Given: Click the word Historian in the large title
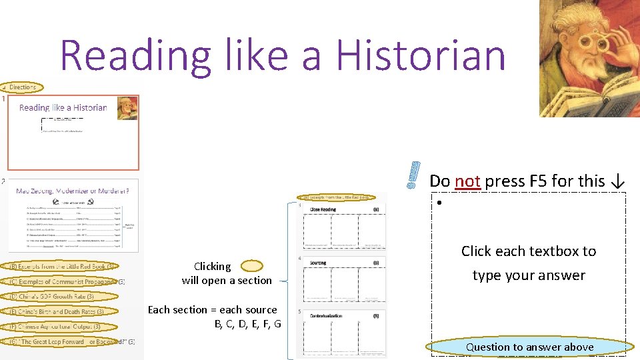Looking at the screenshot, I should pos(421,55).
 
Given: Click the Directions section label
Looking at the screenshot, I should pos(22,87).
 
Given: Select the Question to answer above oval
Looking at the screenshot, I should pos(529,347).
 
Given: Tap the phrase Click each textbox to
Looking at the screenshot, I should pos(529,251).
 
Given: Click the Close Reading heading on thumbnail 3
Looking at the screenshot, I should pos(323,209).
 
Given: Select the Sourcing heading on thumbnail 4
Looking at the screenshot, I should pos(319,263).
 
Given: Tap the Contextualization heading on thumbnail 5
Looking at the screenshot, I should pos(326,315).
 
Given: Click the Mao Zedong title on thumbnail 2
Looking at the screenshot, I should pos(72,191).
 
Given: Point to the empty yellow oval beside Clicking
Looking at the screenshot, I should pos(251,266).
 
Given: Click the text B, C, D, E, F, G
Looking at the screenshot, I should pos(247,324).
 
